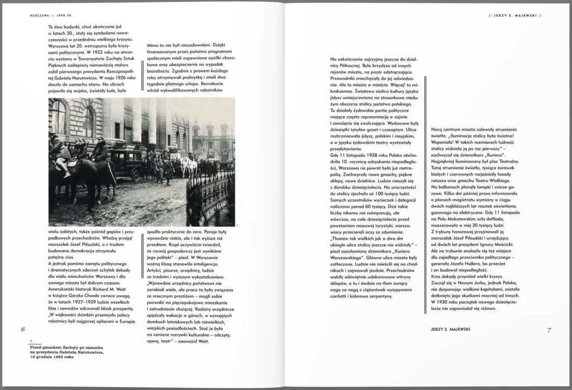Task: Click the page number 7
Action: click(x=549, y=330)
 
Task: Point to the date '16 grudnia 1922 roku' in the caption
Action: click(x=52, y=356)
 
